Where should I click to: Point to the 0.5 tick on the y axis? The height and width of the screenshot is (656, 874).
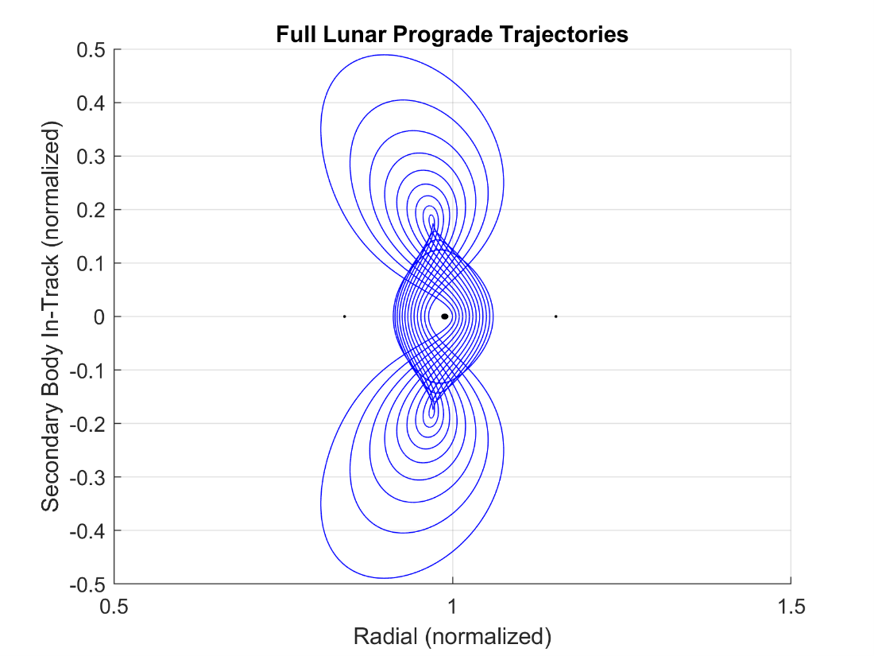pyautogui.click(x=94, y=49)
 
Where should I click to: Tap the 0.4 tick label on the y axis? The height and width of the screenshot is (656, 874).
pyautogui.click(x=94, y=103)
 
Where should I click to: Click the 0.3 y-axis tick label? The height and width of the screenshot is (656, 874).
pyautogui.click(x=94, y=157)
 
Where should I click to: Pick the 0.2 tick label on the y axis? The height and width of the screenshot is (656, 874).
pyautogui.click(x=94, y=210)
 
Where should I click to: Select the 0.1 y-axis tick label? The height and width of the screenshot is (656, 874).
pyautogui.click(x=94, y=263)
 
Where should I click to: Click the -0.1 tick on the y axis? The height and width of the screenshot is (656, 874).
pyautogui.click(x=91, y=371)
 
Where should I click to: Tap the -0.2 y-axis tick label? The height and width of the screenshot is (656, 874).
pyautogui.click(x=91, y=424)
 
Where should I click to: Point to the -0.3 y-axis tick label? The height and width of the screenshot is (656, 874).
pyautogui.click(x=91, y=477)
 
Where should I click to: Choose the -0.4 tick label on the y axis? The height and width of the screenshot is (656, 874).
pyautogui.click(x=91, y=530)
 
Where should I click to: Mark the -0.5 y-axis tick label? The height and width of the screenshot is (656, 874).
pyautogui.click(x=91, y=584)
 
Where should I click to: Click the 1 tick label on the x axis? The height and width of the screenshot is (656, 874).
pyautogui.click(x=453, y=607)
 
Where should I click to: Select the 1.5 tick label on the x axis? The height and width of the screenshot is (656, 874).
pyautogui.click(x=791, y=607)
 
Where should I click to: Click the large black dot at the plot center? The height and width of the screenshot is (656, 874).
pyautogui.click(x=445, y=316)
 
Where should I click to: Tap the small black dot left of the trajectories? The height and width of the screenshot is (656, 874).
pyautogui.click(x=344, y=316)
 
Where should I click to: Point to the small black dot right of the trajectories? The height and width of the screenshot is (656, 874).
pyautogui.click(x=556, y=316)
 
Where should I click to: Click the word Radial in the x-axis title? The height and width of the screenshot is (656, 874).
pyautogui.click(x=382, y=636)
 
